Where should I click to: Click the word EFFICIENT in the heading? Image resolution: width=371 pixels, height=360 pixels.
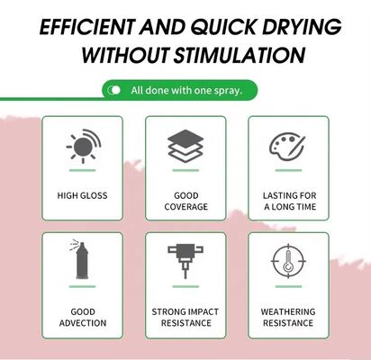click(x=86, y=27)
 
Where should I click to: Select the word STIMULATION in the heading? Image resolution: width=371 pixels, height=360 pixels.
click(x=240, y=55)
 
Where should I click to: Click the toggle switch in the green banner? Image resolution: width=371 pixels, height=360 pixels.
click(x=114, y=90)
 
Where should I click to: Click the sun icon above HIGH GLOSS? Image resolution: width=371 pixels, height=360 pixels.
click(x=84, y=146)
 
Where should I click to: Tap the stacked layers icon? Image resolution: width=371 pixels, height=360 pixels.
click(x=185, y=146)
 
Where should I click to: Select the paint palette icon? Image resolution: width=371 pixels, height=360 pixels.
click(x=287, y=147)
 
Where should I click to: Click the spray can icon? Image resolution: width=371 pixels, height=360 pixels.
click(x=80, y=259)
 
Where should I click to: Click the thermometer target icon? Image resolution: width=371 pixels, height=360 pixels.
click(x=288, y=261)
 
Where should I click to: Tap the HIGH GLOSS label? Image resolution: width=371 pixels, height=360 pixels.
click(x=82, y=195)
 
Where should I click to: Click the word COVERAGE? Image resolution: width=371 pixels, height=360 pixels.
click(x=186, y=207)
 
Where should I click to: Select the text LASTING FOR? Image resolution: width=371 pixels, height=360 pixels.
click(x=290, y=195)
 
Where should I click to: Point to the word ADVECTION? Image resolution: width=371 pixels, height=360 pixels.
click(x=83, y=323)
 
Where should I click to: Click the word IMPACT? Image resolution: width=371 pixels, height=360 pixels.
click(x=203, y=311)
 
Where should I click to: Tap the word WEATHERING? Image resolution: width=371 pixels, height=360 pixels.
click(x=288, y=311)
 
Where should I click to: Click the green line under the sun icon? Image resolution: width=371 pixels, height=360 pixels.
click(x=82, y=170)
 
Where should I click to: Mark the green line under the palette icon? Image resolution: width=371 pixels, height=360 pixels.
click(x=288, y=170)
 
